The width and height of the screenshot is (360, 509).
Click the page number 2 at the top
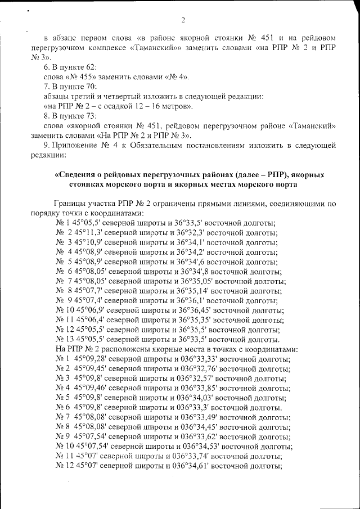point(183,21)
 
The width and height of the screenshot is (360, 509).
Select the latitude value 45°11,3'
point(88,233)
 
